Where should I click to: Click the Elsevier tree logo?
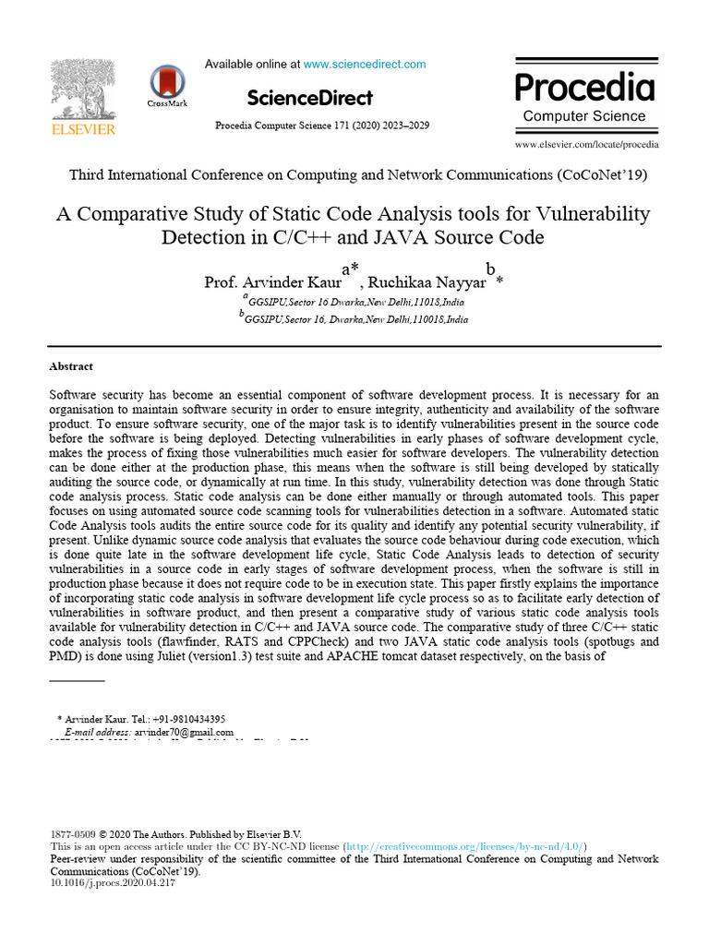click(x=83, y=90)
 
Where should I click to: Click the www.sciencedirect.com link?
click(x=365, y=65)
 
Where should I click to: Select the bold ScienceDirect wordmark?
click(x=309, y=98)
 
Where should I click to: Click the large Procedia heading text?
click(x=584, y=87)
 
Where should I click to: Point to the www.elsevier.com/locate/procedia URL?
click(x=586, y=145)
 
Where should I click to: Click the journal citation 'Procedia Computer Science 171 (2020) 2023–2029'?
click(x=321, y=125)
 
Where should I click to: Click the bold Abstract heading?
click(x=71, y=366)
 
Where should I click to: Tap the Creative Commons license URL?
click(x=465, y=846)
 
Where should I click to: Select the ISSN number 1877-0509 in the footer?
click(x=71, y=833)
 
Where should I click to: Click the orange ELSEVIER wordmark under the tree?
click(x=83, y=129)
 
